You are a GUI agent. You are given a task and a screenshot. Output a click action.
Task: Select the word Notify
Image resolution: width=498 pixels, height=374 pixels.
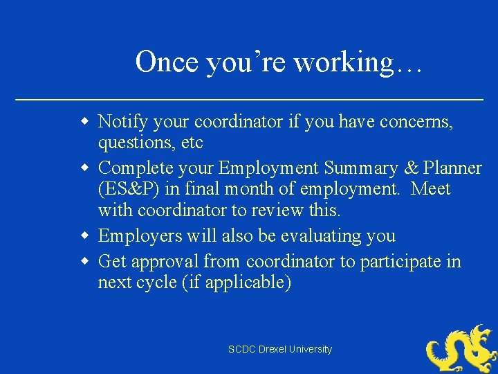click(x=122, y=123)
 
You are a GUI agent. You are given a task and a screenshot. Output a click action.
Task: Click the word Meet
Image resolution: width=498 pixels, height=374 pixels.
click(x=430, y=188)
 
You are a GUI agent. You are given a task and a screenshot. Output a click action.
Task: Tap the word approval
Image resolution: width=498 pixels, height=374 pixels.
click(x=167, y=262)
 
